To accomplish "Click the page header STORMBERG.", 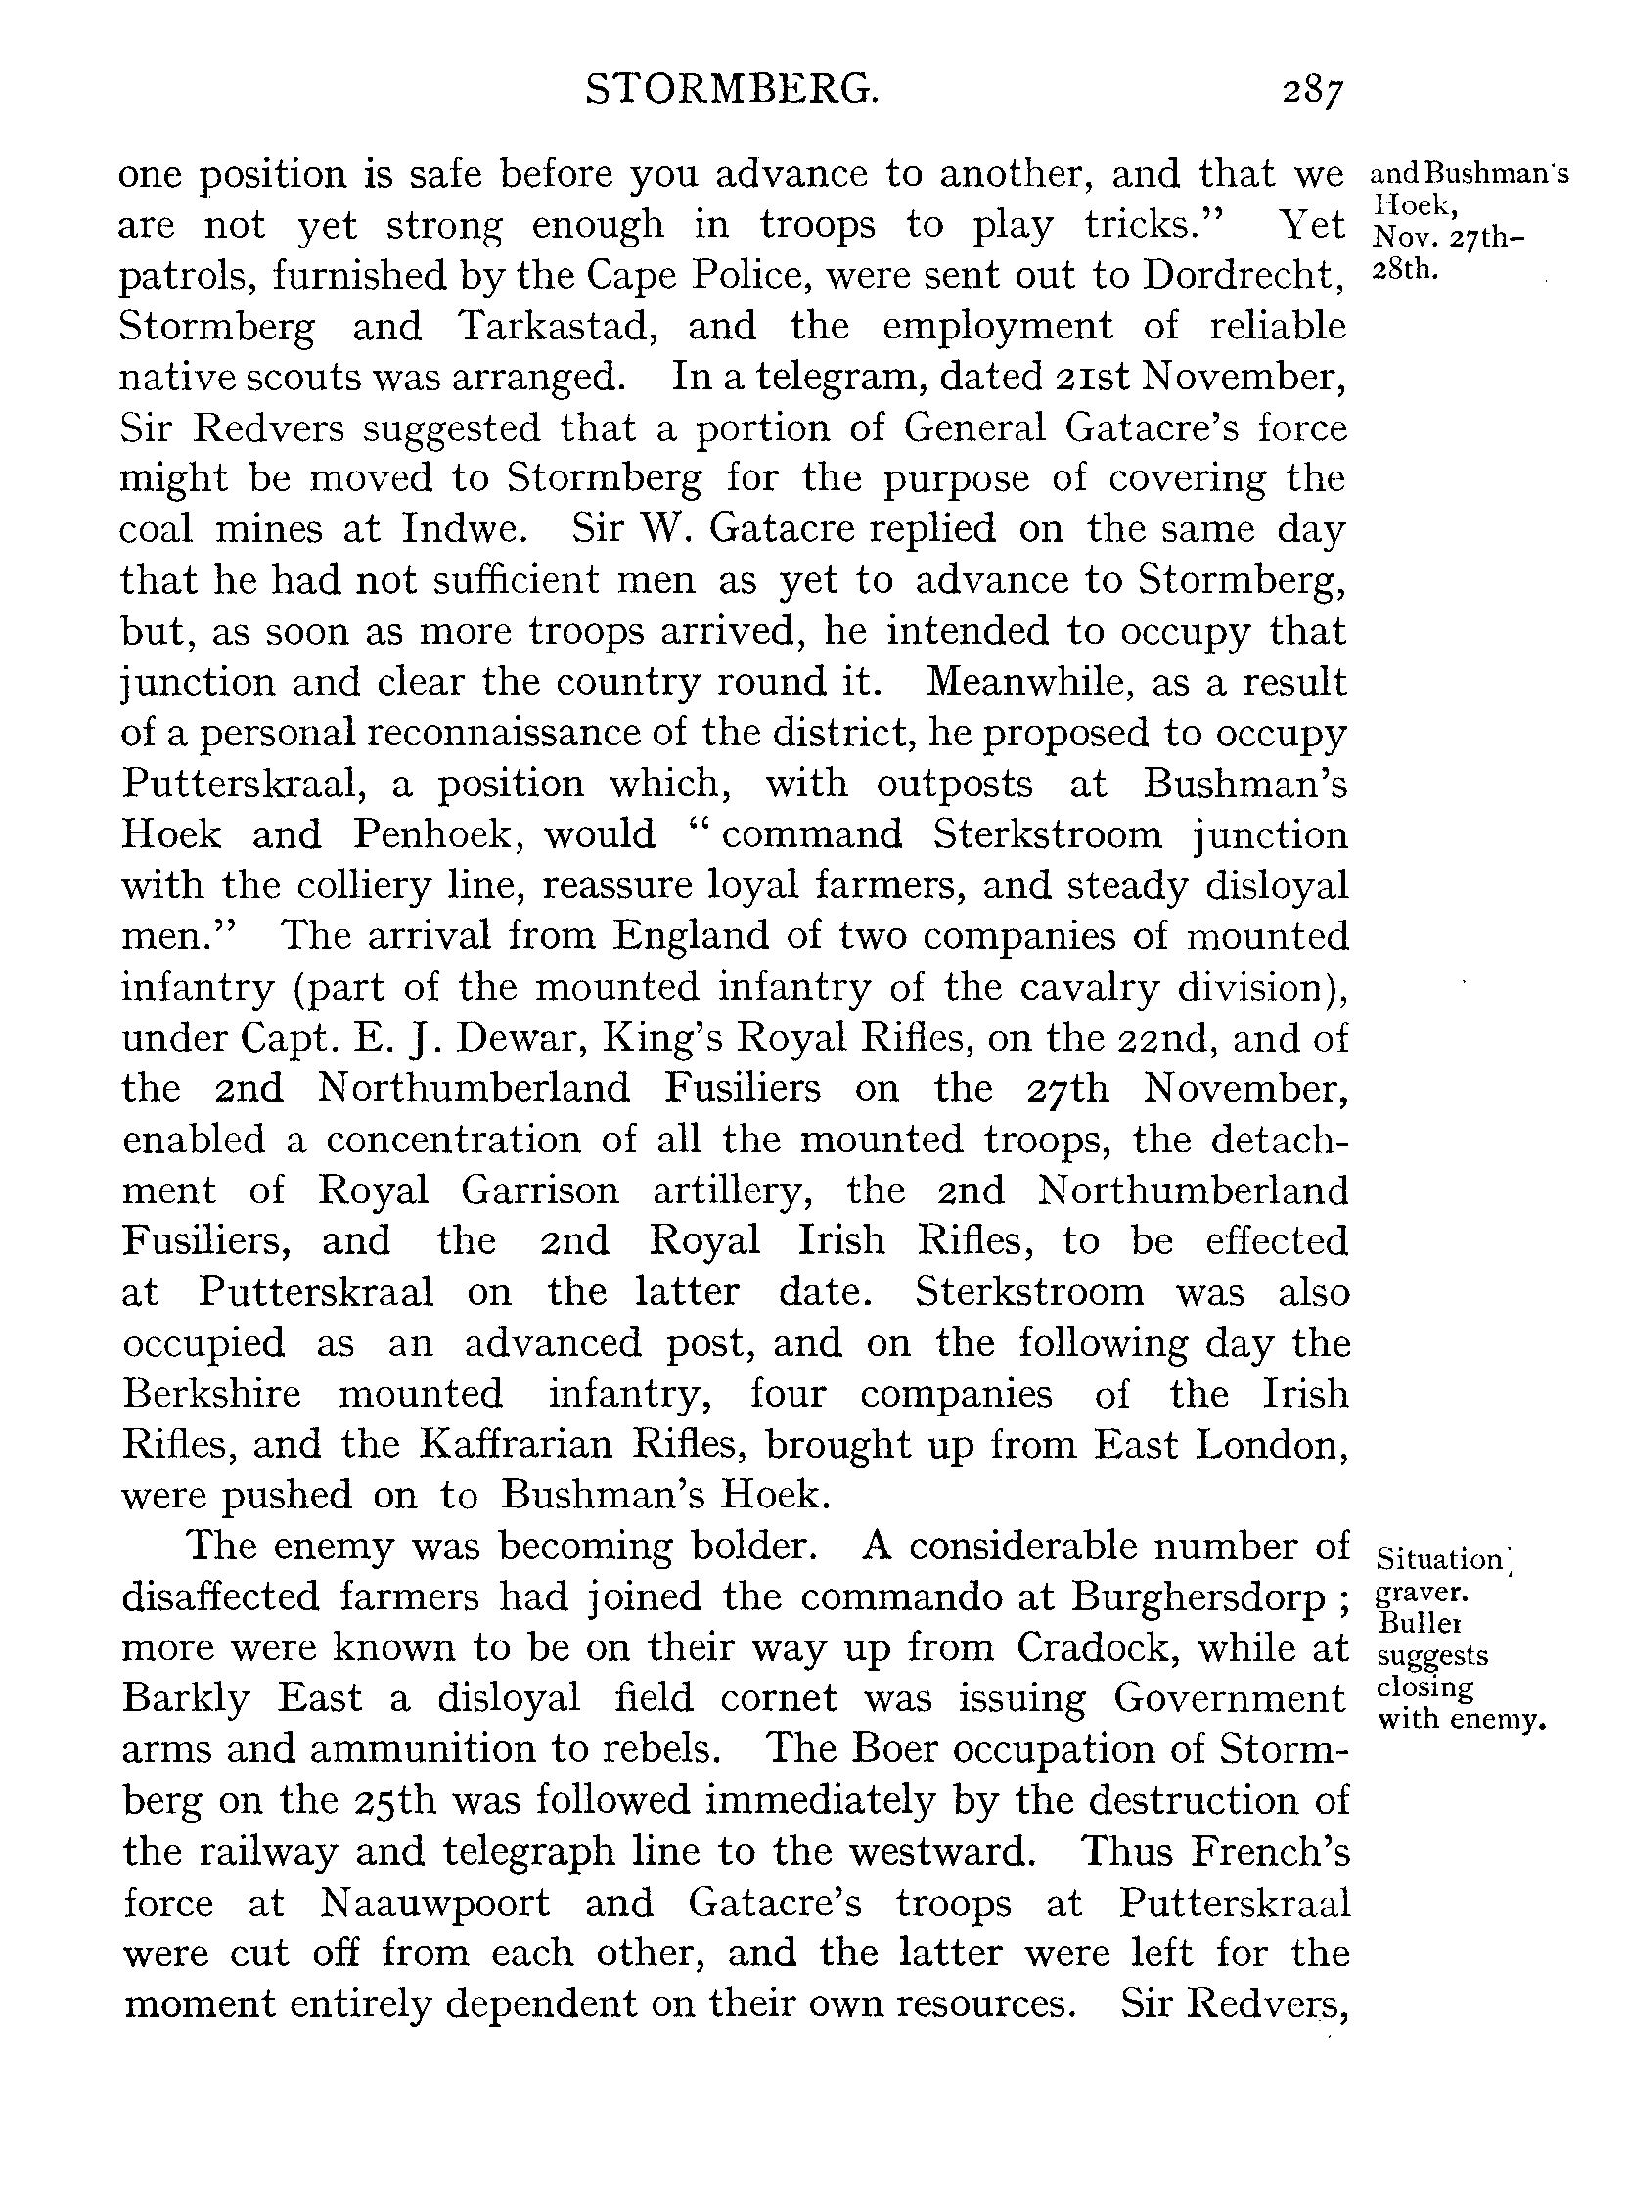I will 731,91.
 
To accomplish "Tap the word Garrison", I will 539,1191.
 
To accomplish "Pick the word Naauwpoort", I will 434,1904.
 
